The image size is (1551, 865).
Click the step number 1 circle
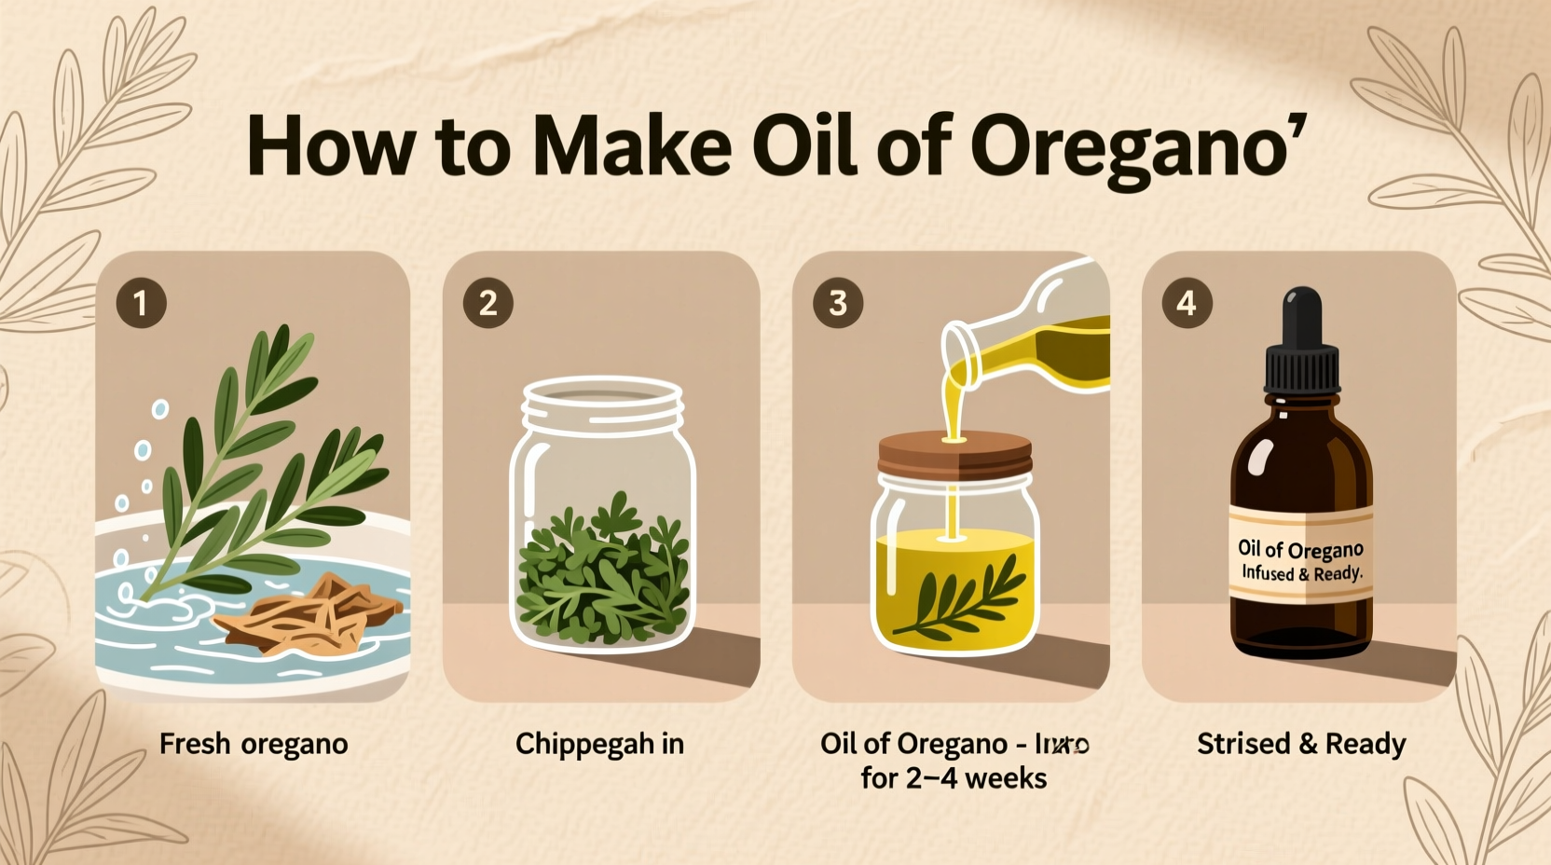[x=141, y=303]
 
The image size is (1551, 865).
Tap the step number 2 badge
[x=487, y=303]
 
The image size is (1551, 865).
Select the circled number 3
[x=837, y=303]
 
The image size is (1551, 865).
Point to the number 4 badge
[x=1187, y=303]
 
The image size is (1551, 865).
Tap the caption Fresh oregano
[x=254, y=744]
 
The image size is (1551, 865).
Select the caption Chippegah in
[x=599, y=744]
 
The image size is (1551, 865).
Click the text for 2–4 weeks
[x=954, y=777]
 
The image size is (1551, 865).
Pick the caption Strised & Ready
[x=1301, y=744]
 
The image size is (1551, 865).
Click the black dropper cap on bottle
[x=1302, y=350]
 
